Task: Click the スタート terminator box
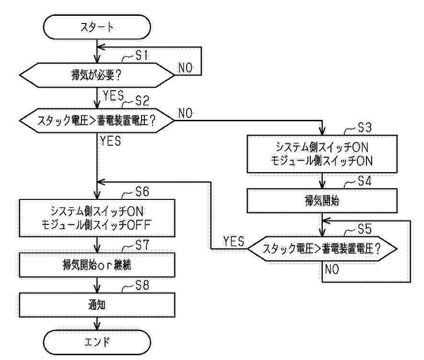pyautogui.click(x=97, y=27)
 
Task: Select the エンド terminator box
pyautogui.click(x=97, y=342)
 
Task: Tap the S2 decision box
pyautogui.click(x=97, y=120)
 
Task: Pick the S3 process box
pyautogui.click(x=322, y=154)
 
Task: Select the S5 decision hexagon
pyautogui.click(x=322, y=249)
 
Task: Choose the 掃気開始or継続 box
pyautogui.click(x=97, y=264)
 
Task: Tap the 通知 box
pyautogui.click(x=97, y=304)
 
